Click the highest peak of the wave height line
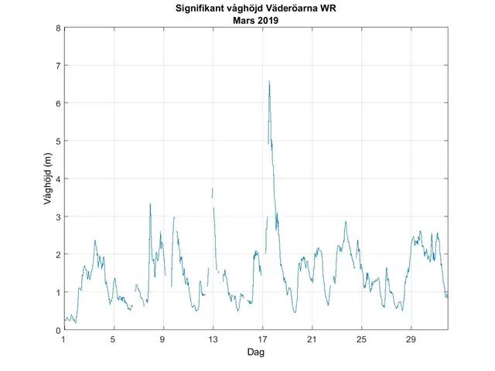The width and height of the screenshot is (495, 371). pos(269,81)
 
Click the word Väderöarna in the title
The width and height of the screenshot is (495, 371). pos(297,10)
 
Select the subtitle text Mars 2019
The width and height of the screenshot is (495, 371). pos(255,21)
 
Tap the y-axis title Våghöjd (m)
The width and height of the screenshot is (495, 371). pos(48,179)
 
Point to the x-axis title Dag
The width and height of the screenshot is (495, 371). pos(255,352)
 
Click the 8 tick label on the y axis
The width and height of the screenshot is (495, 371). pos(57,28)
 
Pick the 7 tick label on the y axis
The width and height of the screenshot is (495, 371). pos(57,66)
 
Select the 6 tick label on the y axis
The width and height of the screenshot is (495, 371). pos(57,104)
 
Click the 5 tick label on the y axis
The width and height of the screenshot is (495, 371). pos(57,141)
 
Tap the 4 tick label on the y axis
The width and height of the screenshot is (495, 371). pos(57,179)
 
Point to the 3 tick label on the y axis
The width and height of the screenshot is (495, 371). pos(57,216)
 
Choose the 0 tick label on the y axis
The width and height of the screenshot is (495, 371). pos(57,330)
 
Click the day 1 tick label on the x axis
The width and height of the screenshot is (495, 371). pos(64,339)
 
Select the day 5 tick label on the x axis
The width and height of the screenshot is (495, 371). pos(114,339)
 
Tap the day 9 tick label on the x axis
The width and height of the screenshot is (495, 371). pos(163,339)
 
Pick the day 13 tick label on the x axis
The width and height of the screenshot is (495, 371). pos(213,339)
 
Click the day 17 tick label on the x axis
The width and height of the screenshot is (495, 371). pos(262,339)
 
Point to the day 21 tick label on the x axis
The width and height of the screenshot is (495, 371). pos(312,339)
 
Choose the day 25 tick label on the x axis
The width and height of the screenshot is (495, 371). pos(361,339)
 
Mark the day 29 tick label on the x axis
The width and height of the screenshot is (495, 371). pos(411,339)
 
